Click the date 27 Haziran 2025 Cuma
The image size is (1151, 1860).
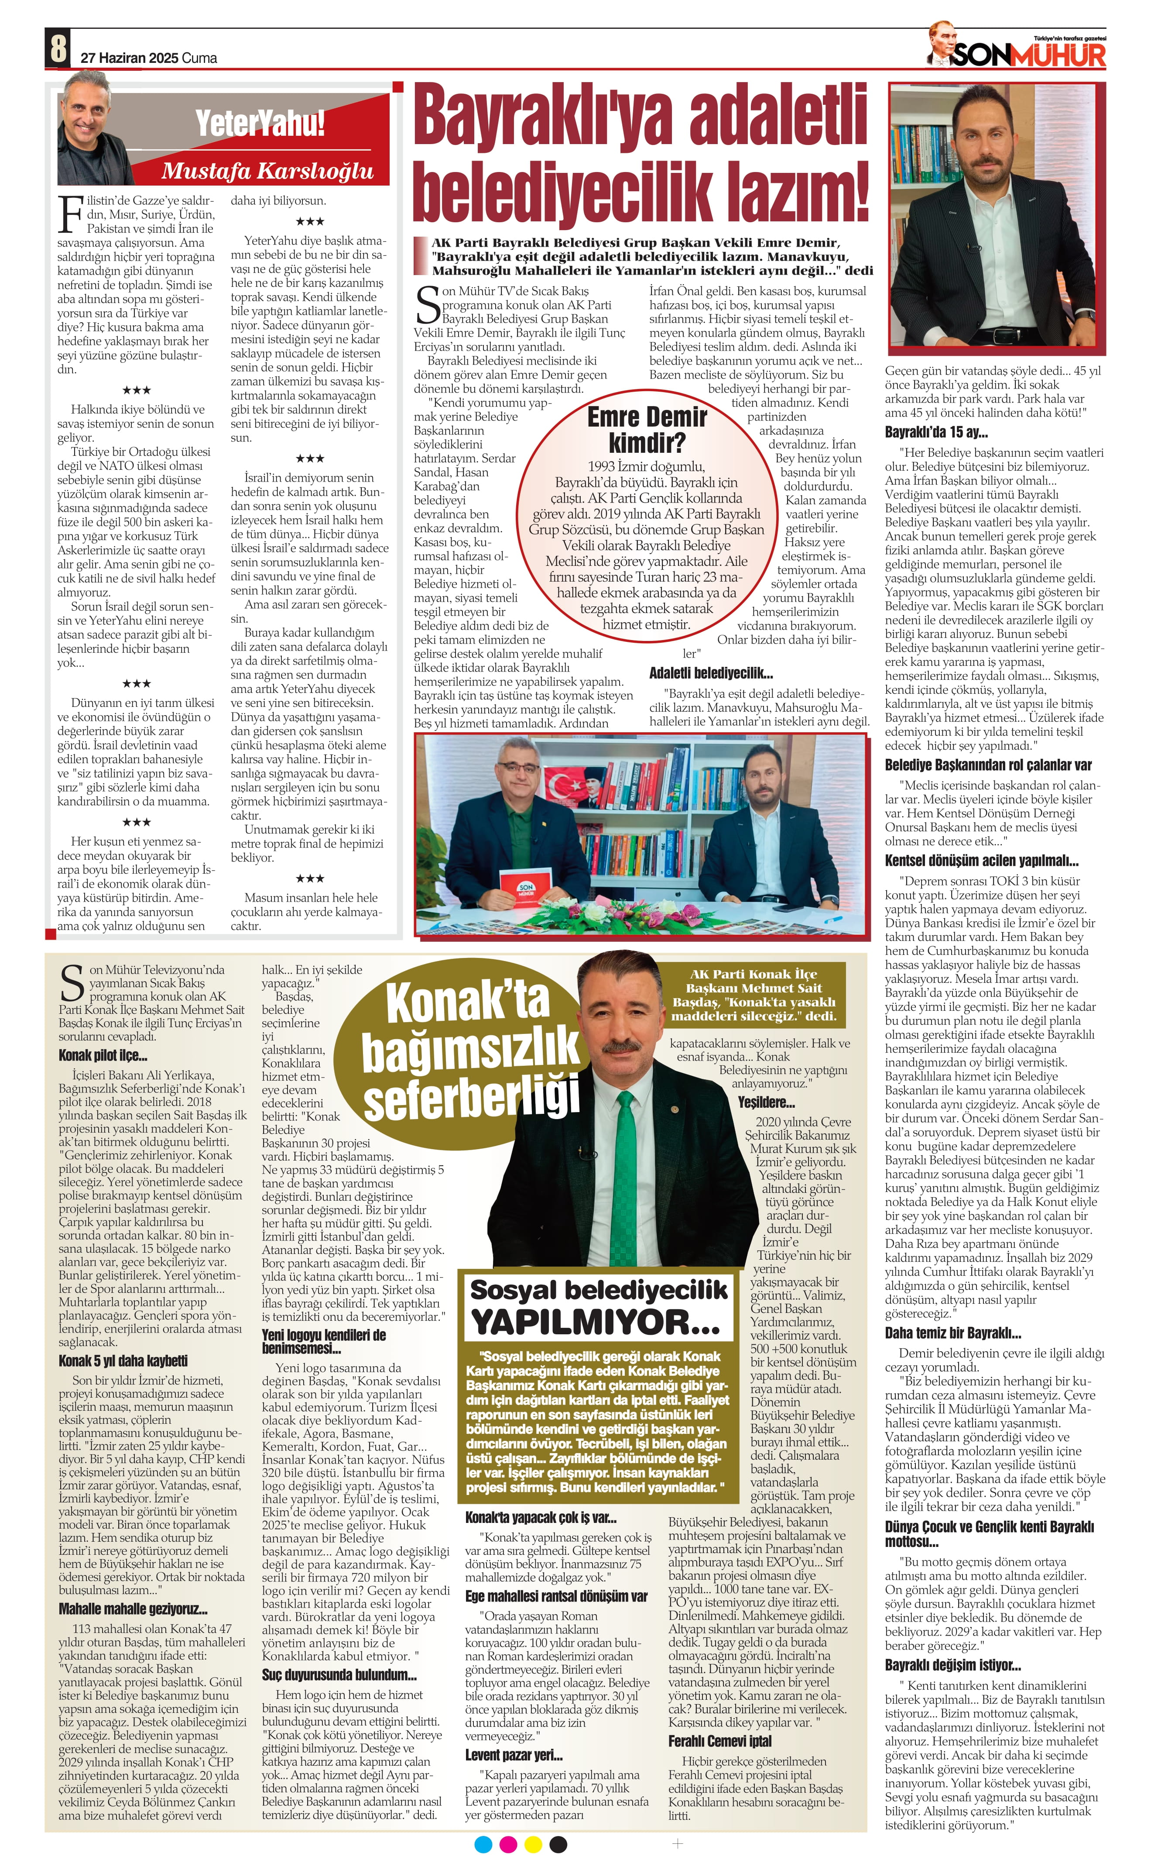click(x=148, y=58)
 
